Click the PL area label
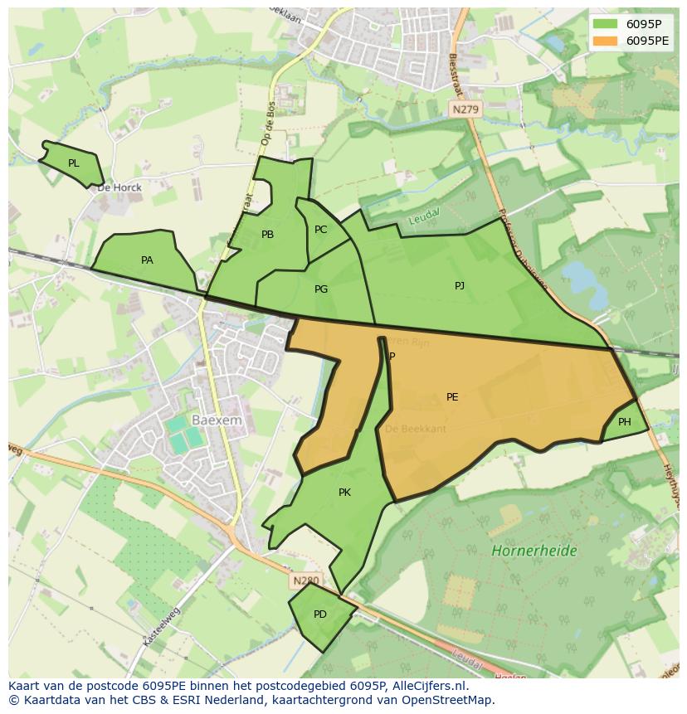[x=74, y=163]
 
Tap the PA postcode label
[x=147, y=260]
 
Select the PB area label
[x=267, y=235]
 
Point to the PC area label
[x=321, y=230]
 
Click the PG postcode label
[x=321, y=289]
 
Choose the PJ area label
[x=460, y=286]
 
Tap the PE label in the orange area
[x=452, y=397]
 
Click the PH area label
[x=625, y=422]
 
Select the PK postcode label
[x=344, y=493]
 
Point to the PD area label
[x=320, y=614]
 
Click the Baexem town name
[x=217, y=420]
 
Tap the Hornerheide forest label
[x=534, y=551]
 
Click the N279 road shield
[x=465, y=109]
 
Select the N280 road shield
[x=305, y=581]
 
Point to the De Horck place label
[x=119, y=187]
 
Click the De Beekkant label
[x=416, y=429]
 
